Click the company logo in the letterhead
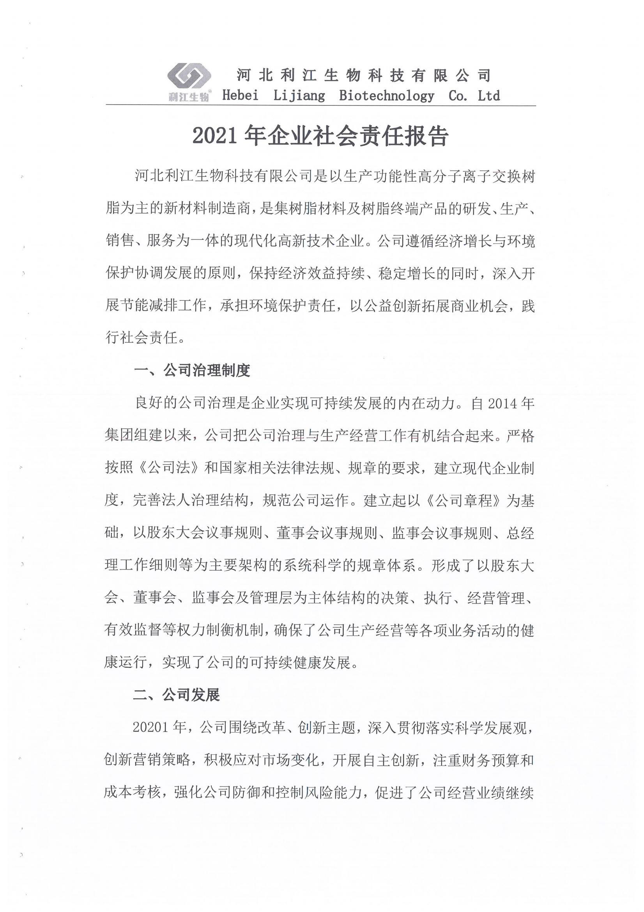pos(188,77)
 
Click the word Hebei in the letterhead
pos(240,96)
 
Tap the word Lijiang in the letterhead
pos(299,96)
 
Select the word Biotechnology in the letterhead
pos(387,96)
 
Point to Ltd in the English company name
pos(489,96)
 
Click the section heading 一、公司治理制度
pos(192,370)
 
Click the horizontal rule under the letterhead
pos(321,106)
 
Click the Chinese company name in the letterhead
pos(363,75)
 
